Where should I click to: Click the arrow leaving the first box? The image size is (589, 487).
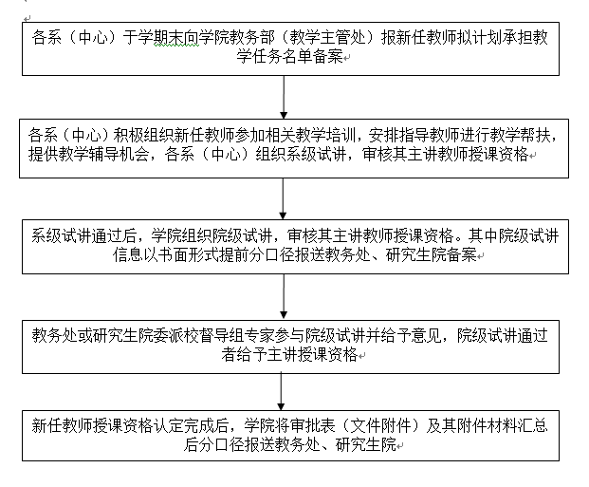click(284, 97)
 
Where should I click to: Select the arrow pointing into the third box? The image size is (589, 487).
click(283, 198)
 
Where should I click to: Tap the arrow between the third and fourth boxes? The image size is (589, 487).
click(284, 297)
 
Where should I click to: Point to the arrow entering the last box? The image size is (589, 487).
click(281, 391)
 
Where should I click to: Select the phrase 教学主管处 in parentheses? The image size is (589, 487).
click(328, 38)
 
